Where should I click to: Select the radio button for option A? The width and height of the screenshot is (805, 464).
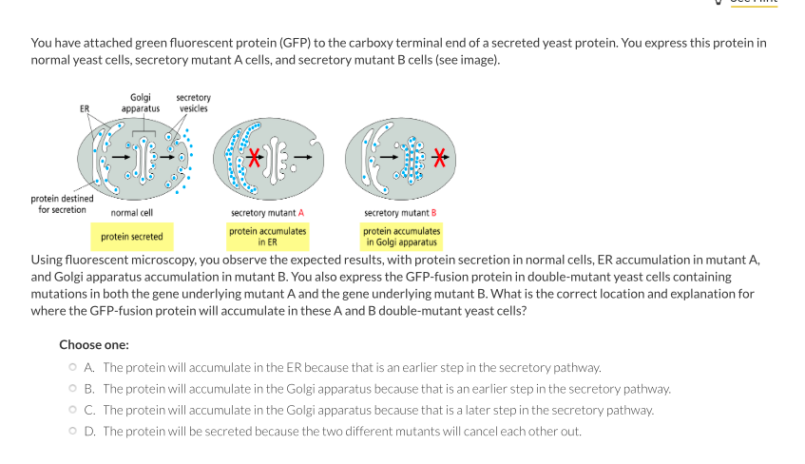click(x=72, y=367)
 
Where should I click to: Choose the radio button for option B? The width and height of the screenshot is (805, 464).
click(x=72, y=389)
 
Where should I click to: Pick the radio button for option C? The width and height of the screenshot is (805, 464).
click(x=72, y=410)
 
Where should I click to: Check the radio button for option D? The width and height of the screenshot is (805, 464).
click(x=72, y=432)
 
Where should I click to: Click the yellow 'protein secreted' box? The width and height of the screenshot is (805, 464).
click(x=132, y=237)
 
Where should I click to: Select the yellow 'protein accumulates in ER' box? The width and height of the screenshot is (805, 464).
click(x=267, y=237)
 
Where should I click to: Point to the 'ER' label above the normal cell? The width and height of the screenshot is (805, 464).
click(x=84, y=108)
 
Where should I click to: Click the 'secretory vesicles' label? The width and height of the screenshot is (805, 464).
click(x=194, y=103)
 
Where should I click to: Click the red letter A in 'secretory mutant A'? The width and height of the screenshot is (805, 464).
click(x=300, y=213)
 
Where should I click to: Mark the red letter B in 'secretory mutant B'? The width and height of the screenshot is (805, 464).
click(x=433, y=213)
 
